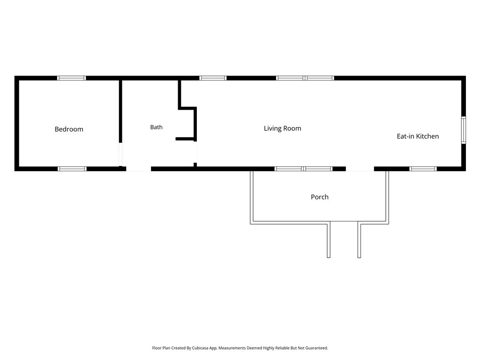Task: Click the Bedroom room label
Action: point(69,129)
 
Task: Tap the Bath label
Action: point(156,127)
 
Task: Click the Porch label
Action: point(320,197)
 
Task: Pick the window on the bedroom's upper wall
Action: point(72,78)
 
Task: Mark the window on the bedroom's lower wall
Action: point(72,169)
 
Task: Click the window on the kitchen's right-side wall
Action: point(464,130)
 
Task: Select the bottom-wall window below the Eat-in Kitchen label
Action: point(423,169)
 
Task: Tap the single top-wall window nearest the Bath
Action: point(213,78)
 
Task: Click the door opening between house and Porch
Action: point(360,169)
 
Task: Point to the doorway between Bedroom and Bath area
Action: point(120,154)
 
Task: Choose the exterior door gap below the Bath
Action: point(139,169)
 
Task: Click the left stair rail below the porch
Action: point(329,240)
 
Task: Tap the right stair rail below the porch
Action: point(360,240)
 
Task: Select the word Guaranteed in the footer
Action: point(318,348)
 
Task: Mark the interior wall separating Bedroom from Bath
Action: point(120,112)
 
